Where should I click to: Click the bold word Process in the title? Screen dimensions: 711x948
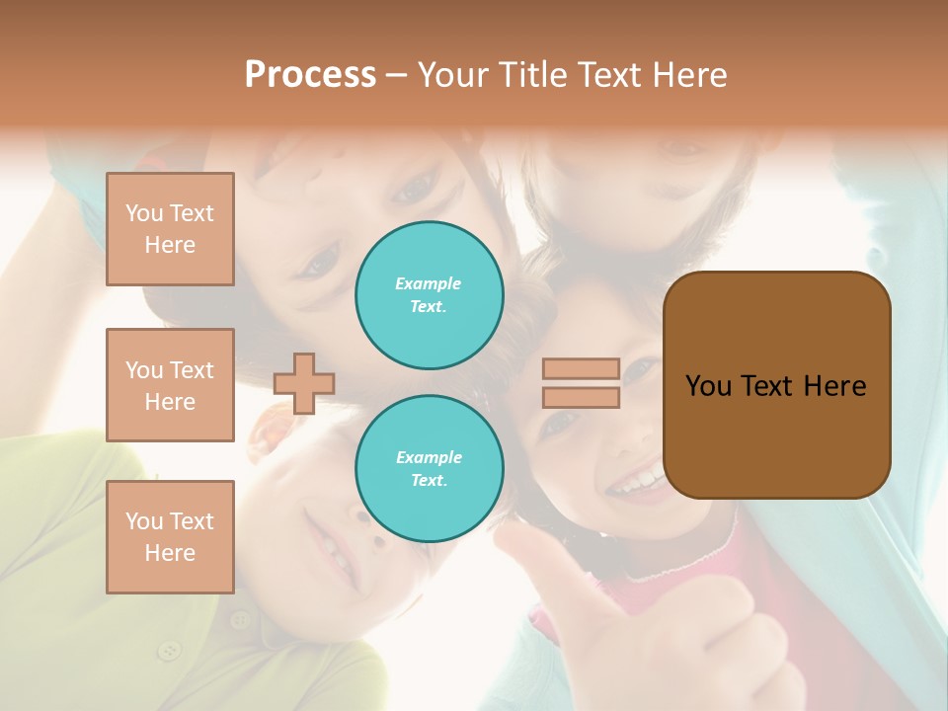310,75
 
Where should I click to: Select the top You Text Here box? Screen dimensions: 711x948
170,229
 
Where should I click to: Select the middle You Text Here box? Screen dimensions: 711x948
170,385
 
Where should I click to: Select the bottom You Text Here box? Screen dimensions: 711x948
170,537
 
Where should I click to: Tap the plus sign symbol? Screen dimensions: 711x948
304,383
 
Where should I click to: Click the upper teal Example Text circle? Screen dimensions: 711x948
430,295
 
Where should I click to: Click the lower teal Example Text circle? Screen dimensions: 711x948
430,469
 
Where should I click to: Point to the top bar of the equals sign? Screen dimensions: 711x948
581,369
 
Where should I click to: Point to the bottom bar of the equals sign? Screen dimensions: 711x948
581,397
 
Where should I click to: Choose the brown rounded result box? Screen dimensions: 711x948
776,385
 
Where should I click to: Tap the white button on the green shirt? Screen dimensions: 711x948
170,650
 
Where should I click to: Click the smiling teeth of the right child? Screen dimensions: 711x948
637,482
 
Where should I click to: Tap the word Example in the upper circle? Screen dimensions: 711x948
429,283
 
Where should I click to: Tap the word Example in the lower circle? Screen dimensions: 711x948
429,457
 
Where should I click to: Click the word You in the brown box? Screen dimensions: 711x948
709,386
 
